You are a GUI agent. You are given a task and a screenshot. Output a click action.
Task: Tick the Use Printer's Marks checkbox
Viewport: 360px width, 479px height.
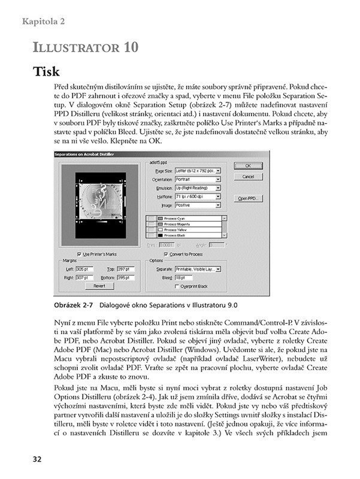coord(80,254)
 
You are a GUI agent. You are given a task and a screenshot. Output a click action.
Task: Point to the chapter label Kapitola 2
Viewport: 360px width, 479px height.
coord(43,22)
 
